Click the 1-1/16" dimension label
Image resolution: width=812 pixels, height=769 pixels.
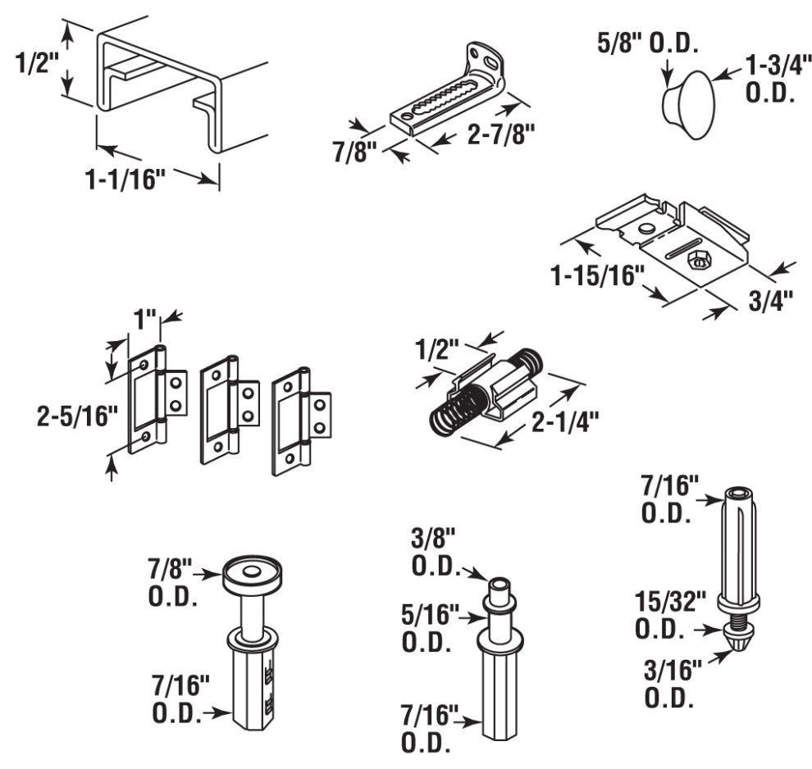point(125,180)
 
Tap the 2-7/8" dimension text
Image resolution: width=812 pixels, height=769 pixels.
point(500,135)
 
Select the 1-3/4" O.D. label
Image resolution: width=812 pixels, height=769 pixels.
point(776,80)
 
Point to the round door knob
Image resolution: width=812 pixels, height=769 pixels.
point(688,105)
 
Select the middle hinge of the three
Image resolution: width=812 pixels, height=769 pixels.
point(230,409)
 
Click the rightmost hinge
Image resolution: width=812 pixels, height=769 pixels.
point(301,421)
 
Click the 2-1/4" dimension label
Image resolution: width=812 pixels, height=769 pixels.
point(565,422)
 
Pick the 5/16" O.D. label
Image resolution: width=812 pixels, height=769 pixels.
point(430,628)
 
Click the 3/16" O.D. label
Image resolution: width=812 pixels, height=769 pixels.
point(673,684)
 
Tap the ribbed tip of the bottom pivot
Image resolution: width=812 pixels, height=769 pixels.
point(739,636)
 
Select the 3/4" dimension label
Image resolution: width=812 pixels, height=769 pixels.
point(771,302)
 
